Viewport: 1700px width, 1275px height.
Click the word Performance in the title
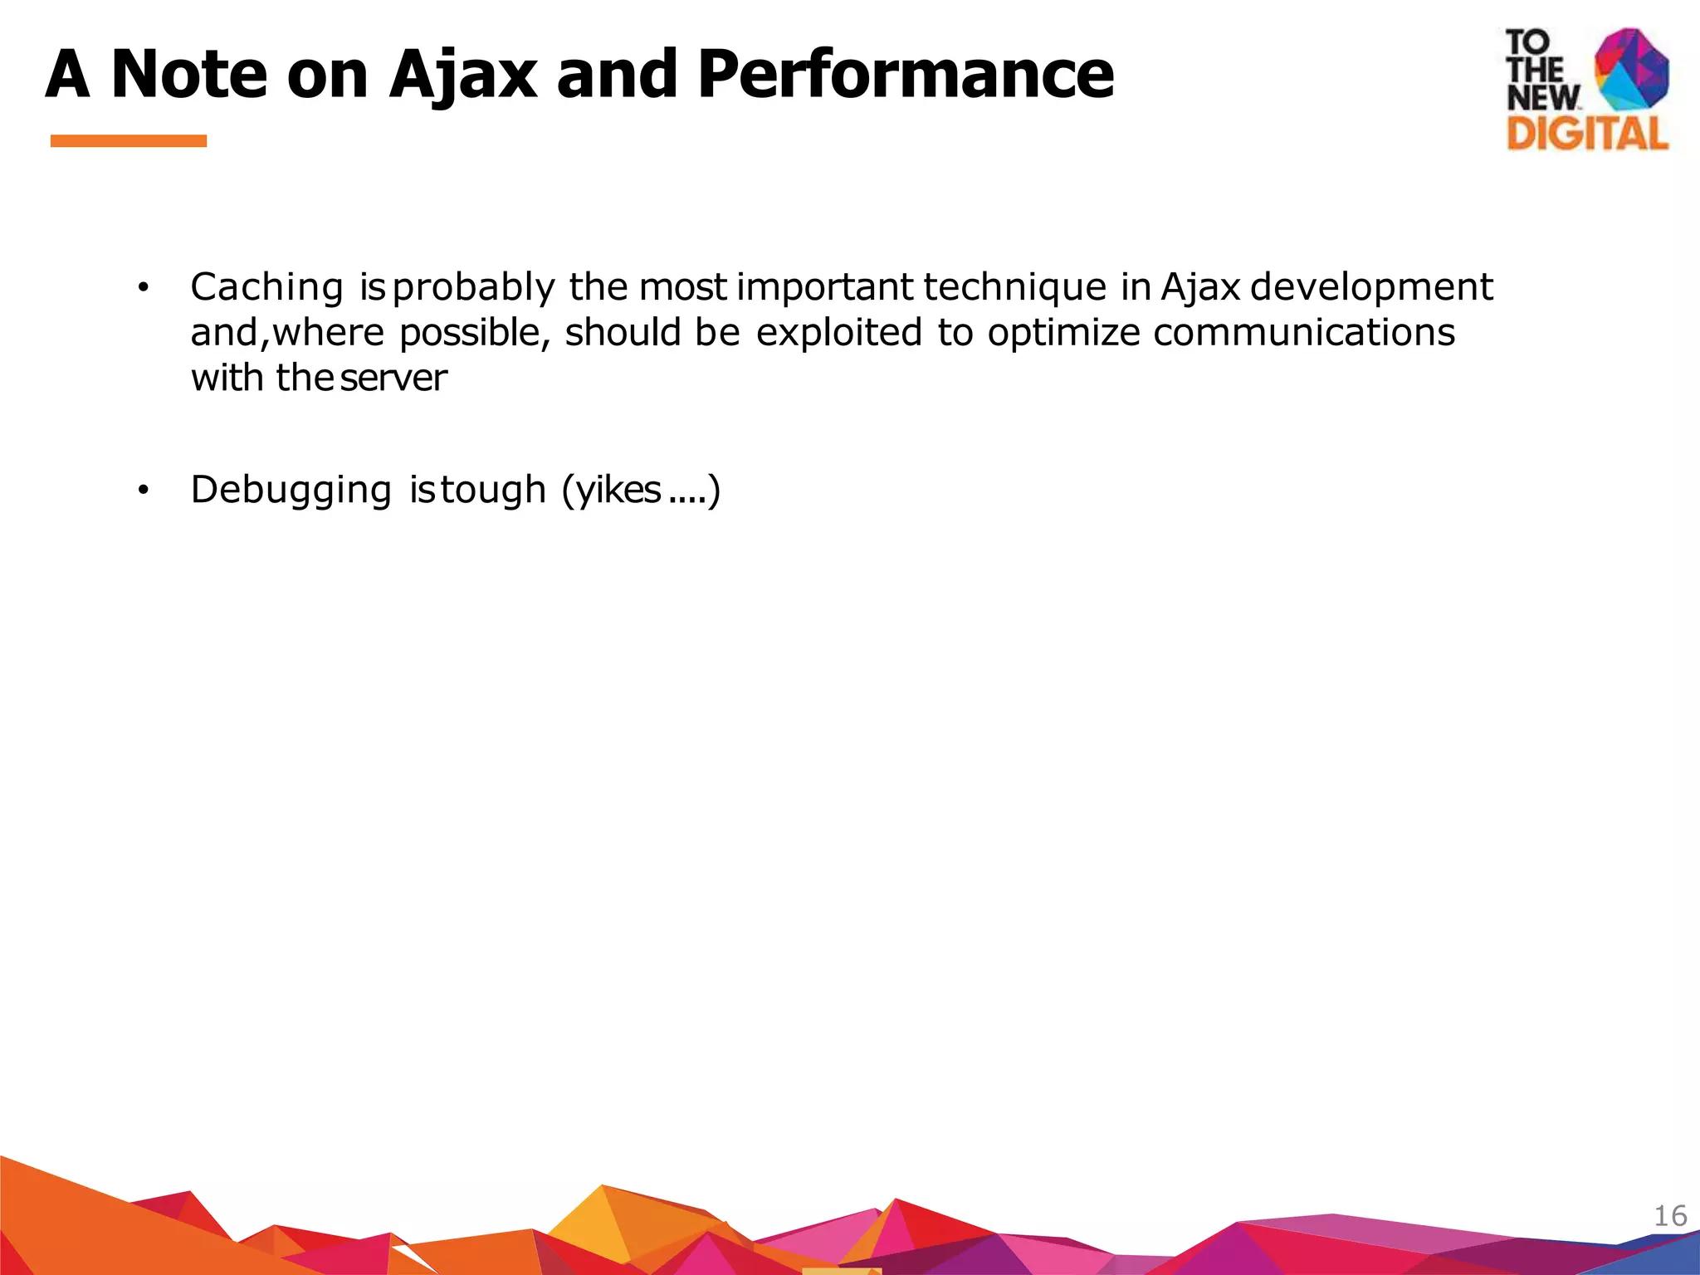905,75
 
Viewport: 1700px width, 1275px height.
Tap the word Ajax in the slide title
462,75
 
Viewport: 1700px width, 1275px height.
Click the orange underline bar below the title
129,141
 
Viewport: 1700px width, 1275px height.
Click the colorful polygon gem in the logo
1632,68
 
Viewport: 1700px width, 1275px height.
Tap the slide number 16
1670,1216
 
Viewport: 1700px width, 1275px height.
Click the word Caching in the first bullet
266,287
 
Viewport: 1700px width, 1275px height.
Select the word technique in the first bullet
1014,287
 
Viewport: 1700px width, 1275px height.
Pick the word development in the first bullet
1371,287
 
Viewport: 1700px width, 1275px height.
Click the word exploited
838,332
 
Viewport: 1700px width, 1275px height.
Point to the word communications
1303,332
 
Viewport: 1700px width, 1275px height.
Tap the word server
393,379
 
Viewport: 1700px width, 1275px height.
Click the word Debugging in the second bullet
291,490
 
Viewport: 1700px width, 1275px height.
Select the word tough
493,490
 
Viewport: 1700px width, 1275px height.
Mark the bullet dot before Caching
143,288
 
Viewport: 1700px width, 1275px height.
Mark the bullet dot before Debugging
143,491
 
